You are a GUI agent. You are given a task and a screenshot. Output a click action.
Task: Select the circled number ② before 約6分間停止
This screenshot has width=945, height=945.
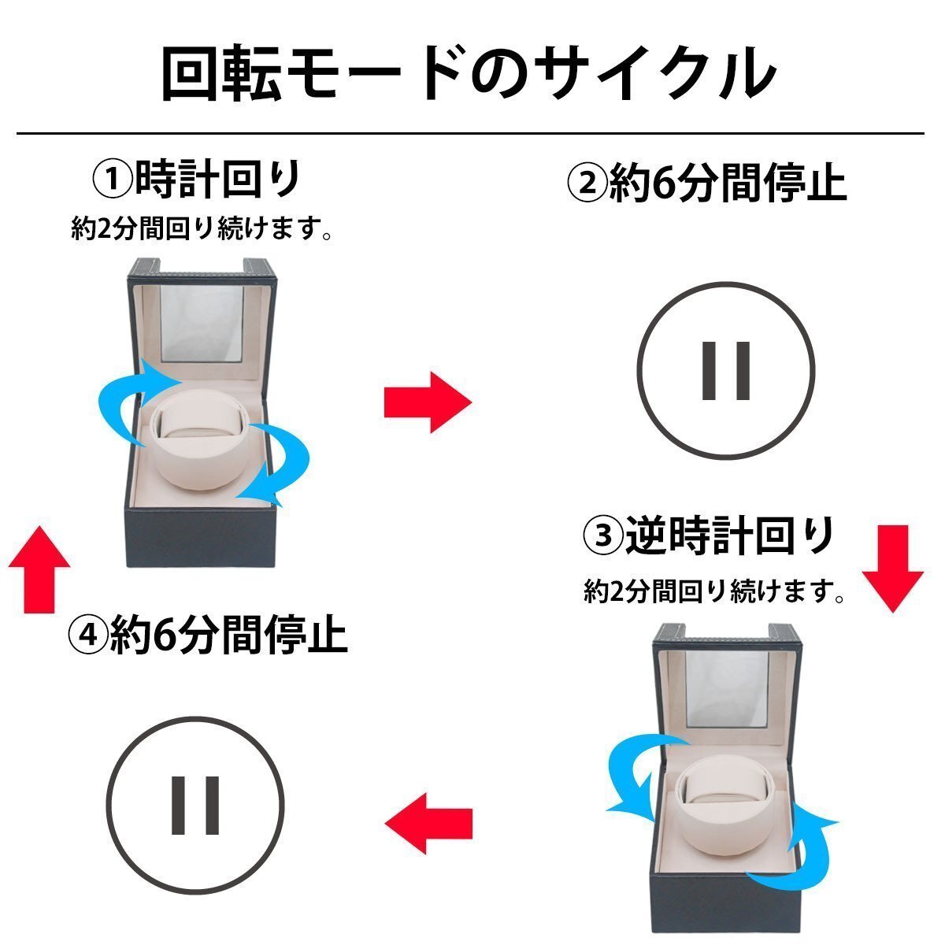586,184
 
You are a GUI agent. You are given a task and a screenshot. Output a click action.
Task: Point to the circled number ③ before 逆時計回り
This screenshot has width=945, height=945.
602,537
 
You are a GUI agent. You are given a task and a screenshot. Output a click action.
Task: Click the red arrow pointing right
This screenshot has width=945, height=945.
427,402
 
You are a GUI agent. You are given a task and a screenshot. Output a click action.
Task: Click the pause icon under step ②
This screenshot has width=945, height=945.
725,370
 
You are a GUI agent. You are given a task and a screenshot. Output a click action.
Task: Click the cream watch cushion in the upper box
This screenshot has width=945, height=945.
203,450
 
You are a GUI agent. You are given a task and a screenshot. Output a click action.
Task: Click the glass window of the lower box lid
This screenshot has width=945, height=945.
726,689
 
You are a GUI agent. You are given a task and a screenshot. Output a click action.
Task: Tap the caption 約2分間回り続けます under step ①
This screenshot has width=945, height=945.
200,229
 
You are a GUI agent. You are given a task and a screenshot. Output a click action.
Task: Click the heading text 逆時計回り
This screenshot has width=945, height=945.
729,537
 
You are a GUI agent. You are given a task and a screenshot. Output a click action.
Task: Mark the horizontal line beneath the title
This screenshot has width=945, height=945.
469,133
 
